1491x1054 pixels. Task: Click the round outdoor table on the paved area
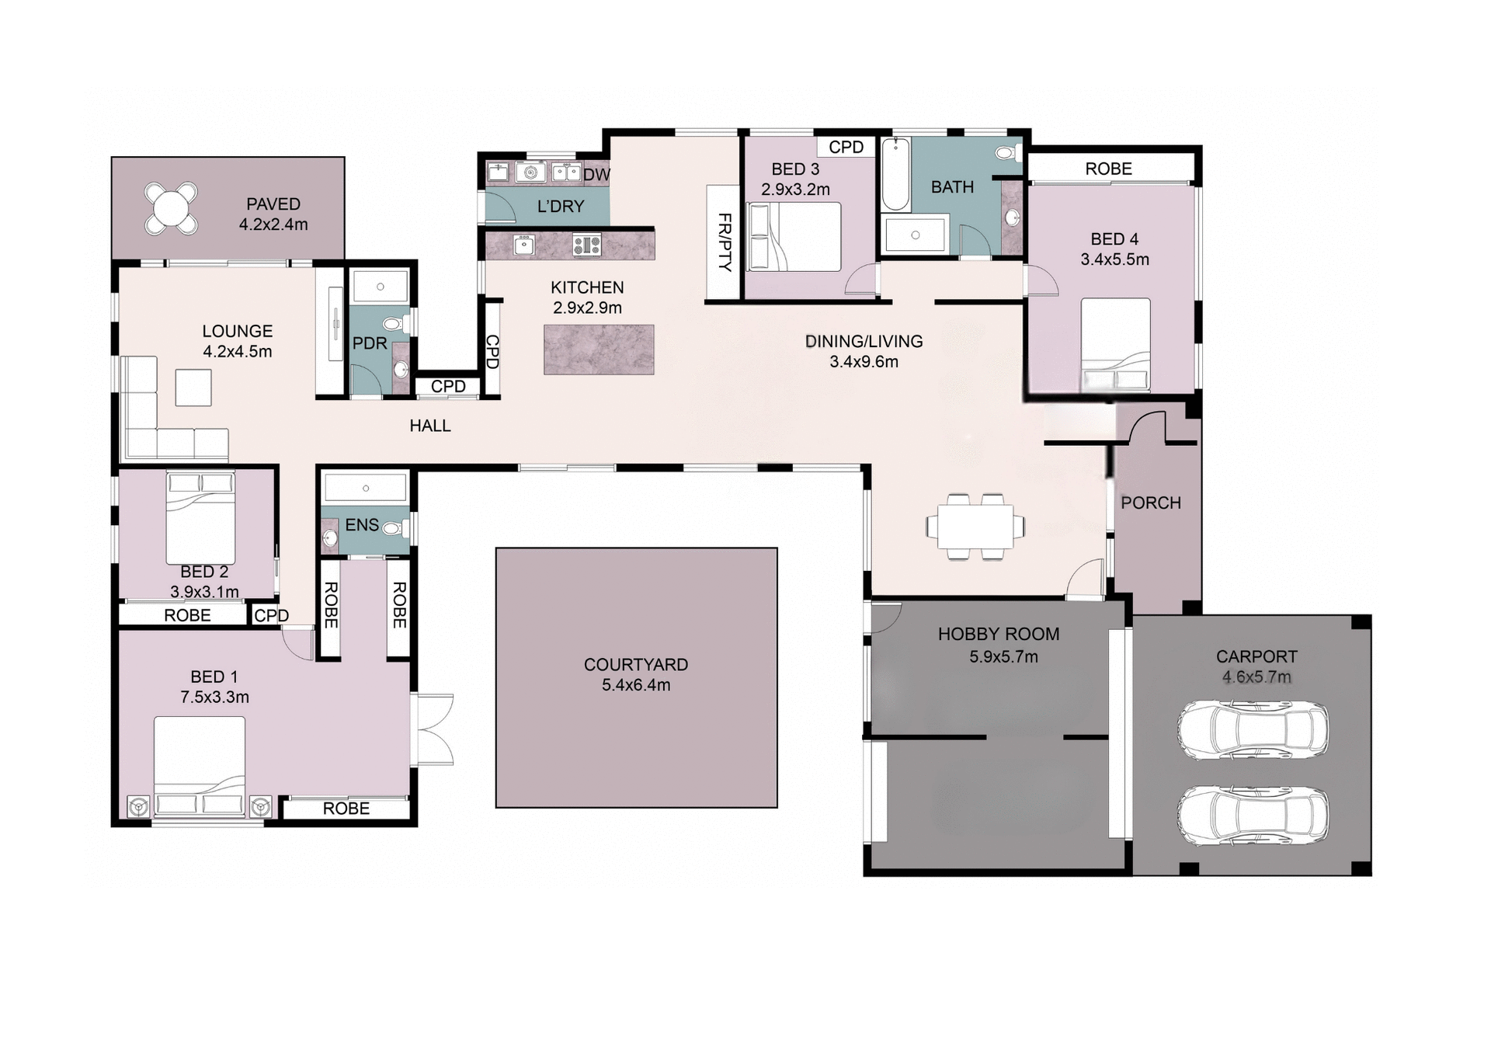click(x=171, y=207)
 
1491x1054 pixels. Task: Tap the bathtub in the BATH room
click(x=895, y=175)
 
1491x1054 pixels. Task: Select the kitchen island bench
click(x=599, y=350)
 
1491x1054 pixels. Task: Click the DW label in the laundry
click(x=596, y=175)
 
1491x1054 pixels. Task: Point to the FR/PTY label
click(x=724, y=242)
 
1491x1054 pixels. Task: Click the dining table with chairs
click(x=975, y=526)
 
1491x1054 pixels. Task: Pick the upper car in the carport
click(x=1252, y=730)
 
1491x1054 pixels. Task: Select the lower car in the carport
click(x=1252, y=816)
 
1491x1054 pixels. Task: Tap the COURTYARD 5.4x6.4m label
click(x=636, y=674)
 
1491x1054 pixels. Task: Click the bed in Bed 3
click(x=794, y=237)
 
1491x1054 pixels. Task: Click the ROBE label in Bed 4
click(x=1108, y=169)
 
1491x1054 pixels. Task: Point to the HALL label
click(x=430, y=426)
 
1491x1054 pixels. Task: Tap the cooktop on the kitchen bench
click(x=586, y=245)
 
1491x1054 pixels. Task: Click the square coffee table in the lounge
click(x=193, y=388)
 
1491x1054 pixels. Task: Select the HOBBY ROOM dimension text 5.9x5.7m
click(x=1003, y=657)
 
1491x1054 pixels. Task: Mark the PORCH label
click(x=1150, y=503)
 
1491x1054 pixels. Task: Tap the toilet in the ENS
click(x=393, y=529)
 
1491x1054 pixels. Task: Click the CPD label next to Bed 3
click(x=846, y=147)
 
